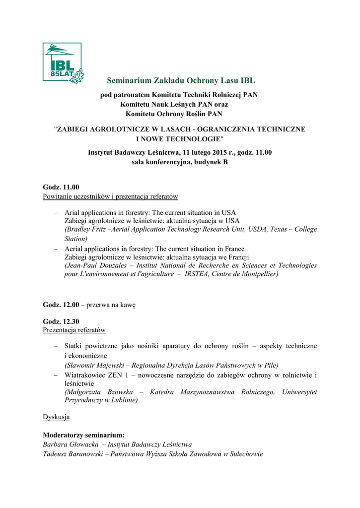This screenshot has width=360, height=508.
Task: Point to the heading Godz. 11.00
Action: tap(61, 188)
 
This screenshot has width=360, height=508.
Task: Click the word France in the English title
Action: tap(232, 249)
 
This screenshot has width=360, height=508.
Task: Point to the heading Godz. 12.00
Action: tap(61, 305)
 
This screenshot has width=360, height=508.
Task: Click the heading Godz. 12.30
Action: tap(61, 321)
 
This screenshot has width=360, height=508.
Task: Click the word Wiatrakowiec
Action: tap(85, 376)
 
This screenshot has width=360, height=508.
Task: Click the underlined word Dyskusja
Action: tap(56, 417)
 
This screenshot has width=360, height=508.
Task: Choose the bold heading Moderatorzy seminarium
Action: tap(80, 435)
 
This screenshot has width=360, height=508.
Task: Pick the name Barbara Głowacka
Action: tap(71, 444)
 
